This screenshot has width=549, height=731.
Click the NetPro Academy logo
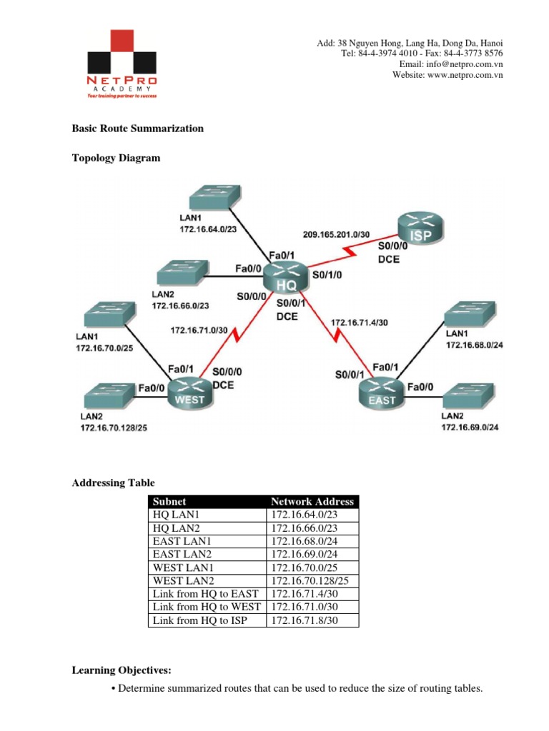pyautogui.click(x=121, y=64)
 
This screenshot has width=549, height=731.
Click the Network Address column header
pyautogui.click(x=312, y=502)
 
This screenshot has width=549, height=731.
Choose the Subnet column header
pyautogui.click(x=168, y=502)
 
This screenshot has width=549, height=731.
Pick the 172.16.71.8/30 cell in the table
pyautogui.click(x=304, y=620)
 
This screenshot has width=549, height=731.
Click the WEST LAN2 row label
pyautogui.click(x=181, y=579)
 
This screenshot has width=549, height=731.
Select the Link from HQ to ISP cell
pyautogui.click(x=200, y=620)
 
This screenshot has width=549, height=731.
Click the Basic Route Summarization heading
pyautogui.click(x=138, y=128)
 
